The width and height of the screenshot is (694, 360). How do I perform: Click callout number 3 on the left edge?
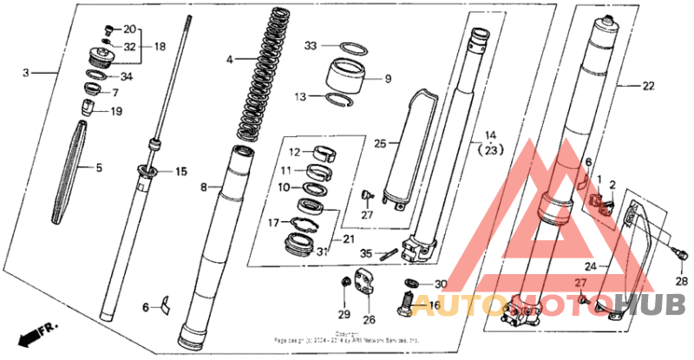tap(26, 74)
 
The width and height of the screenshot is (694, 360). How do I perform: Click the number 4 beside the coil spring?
tap(229, 60)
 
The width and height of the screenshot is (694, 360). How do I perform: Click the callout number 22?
tap(648, 86)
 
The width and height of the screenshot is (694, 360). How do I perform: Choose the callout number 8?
tap(204, 187)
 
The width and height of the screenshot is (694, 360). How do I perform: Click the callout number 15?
tap(181, 172)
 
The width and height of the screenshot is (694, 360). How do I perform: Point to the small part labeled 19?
tap(88, 108)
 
